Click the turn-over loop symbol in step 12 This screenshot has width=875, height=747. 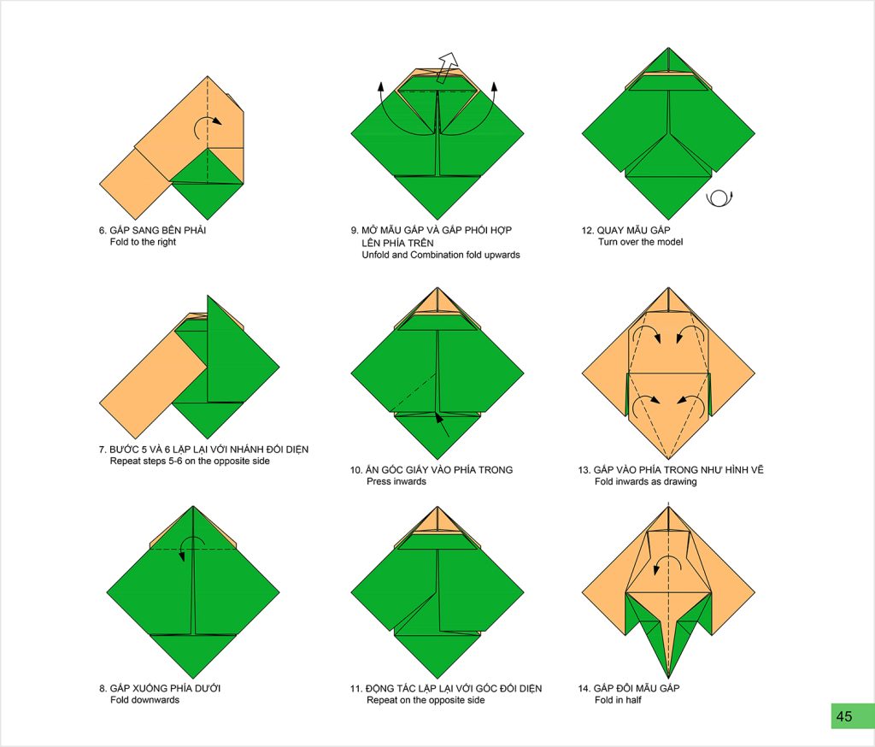tap(719, 199)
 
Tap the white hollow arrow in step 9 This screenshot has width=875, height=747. tap(447, 68)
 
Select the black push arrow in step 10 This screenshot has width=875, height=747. tap(442, 425)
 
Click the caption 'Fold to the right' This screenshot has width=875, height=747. tap(143, 242)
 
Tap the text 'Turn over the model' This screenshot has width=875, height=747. tap(641, 242)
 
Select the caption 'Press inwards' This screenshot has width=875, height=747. tap(396, 481)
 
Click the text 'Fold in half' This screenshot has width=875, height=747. tap(618, 700)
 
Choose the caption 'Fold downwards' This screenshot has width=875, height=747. tap(144, 700)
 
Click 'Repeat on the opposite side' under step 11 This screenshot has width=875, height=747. tap(426, 700)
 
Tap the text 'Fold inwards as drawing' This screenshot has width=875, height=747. tap(646, 481)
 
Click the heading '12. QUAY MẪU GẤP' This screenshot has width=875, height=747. tap(626, 230)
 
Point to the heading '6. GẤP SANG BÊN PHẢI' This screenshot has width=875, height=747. tap(152, 230)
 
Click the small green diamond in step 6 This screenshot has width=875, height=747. tap(208, 184)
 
